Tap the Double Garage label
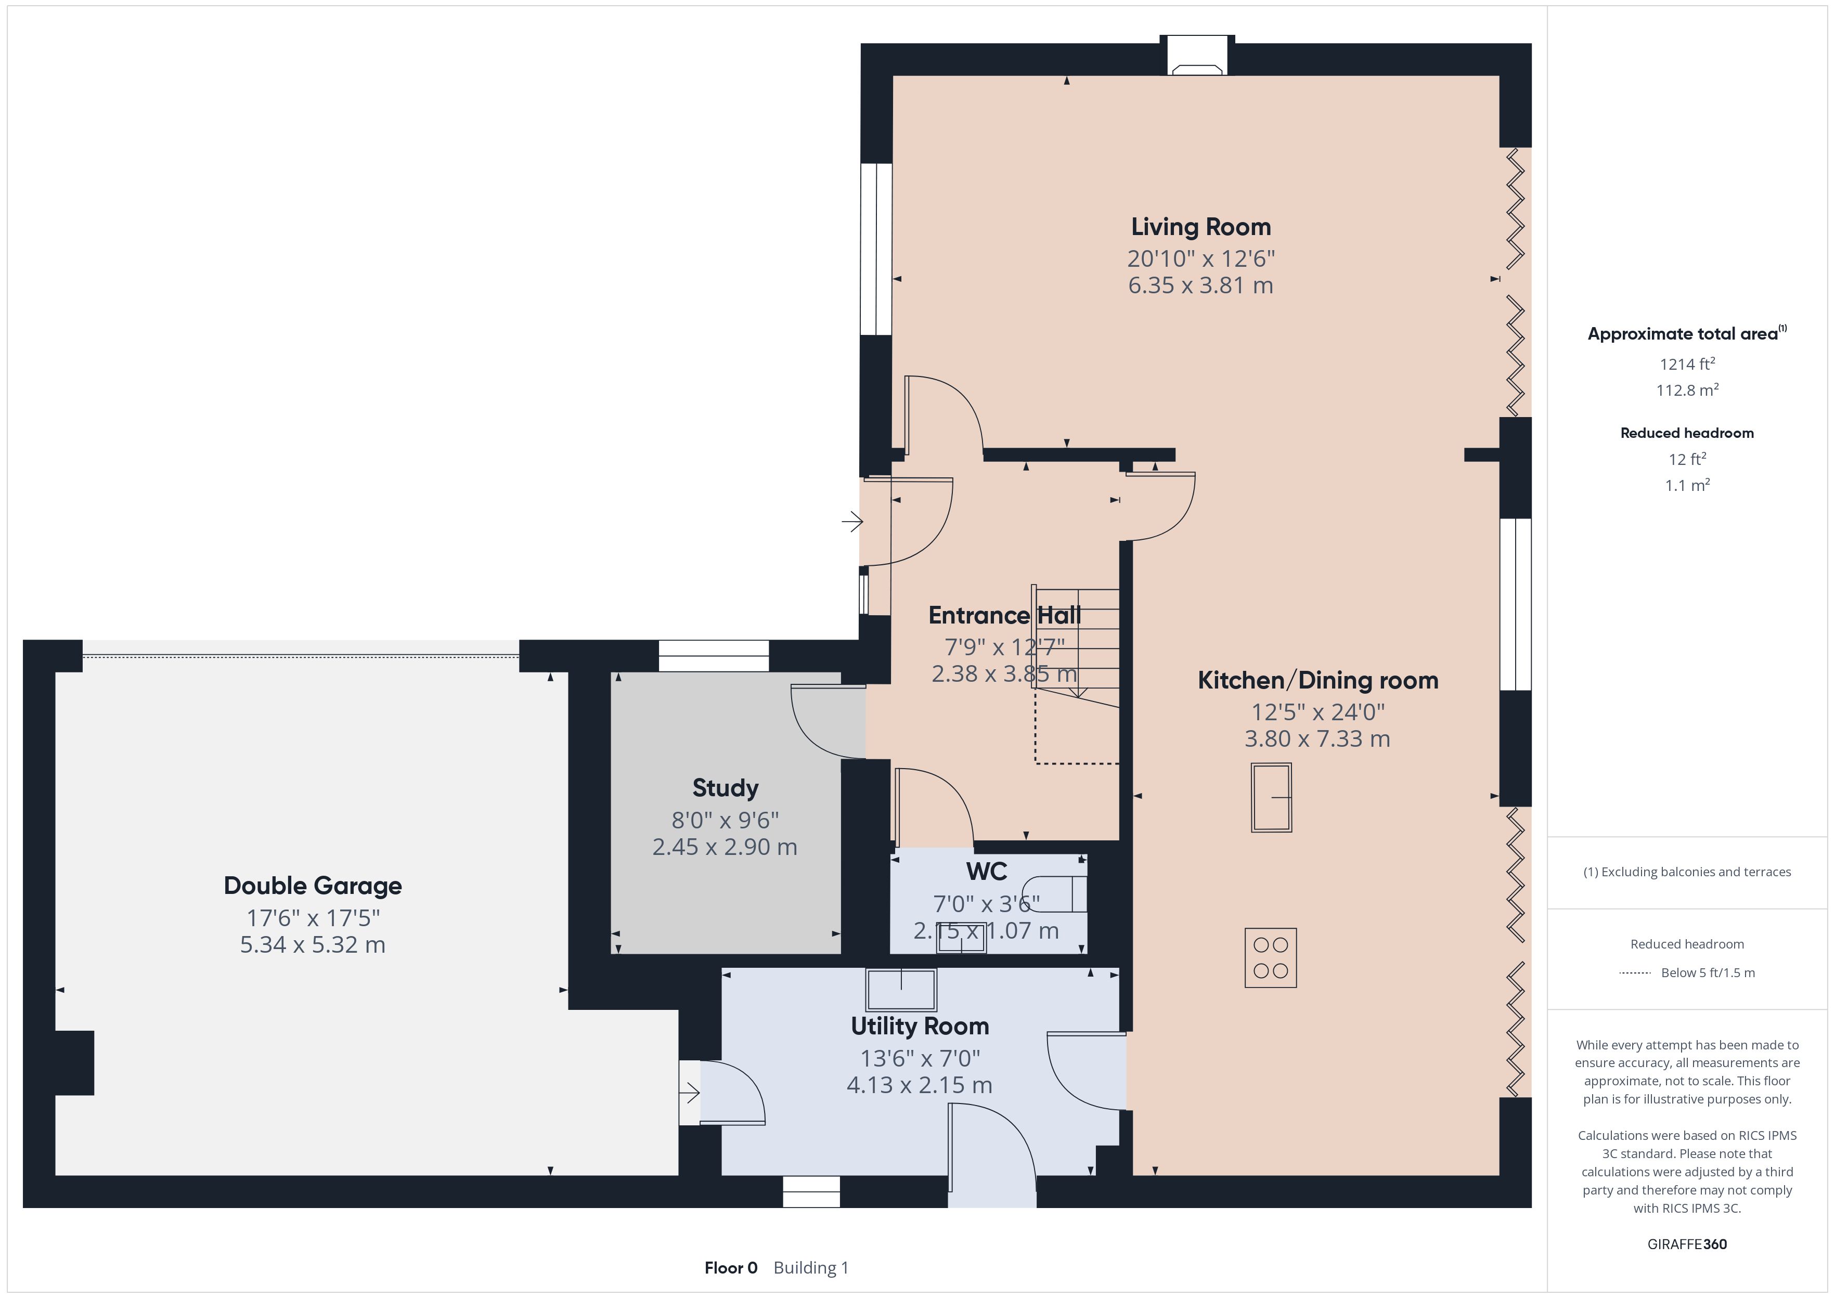pos(313,886)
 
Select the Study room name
pos(725,788)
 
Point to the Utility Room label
pos(920,1026)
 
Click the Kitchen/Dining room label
pos(1318,680)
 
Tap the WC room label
pos(986,871)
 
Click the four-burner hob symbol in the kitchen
pos(1271,957)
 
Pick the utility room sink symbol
pos(901,990)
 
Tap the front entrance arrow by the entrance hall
pos(852,522)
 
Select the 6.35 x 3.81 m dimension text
pos(1200,285)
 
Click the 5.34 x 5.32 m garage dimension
pos(313,945)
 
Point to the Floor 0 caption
pos(730,1268)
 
